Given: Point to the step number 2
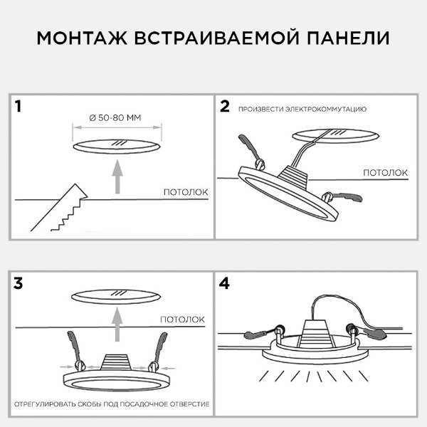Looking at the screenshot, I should point(225,107).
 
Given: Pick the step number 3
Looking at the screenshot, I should point(19,283).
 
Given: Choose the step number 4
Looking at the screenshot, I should point(226,283).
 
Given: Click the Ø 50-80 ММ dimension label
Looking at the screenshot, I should point(118,117).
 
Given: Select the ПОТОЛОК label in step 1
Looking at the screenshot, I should point(185,191).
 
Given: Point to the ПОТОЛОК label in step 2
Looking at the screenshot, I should point(386,172).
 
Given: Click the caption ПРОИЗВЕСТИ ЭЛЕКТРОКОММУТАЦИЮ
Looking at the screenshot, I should point(302,109).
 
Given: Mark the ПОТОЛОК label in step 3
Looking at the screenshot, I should point(183,319).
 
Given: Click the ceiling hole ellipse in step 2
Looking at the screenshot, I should point(334,135).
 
